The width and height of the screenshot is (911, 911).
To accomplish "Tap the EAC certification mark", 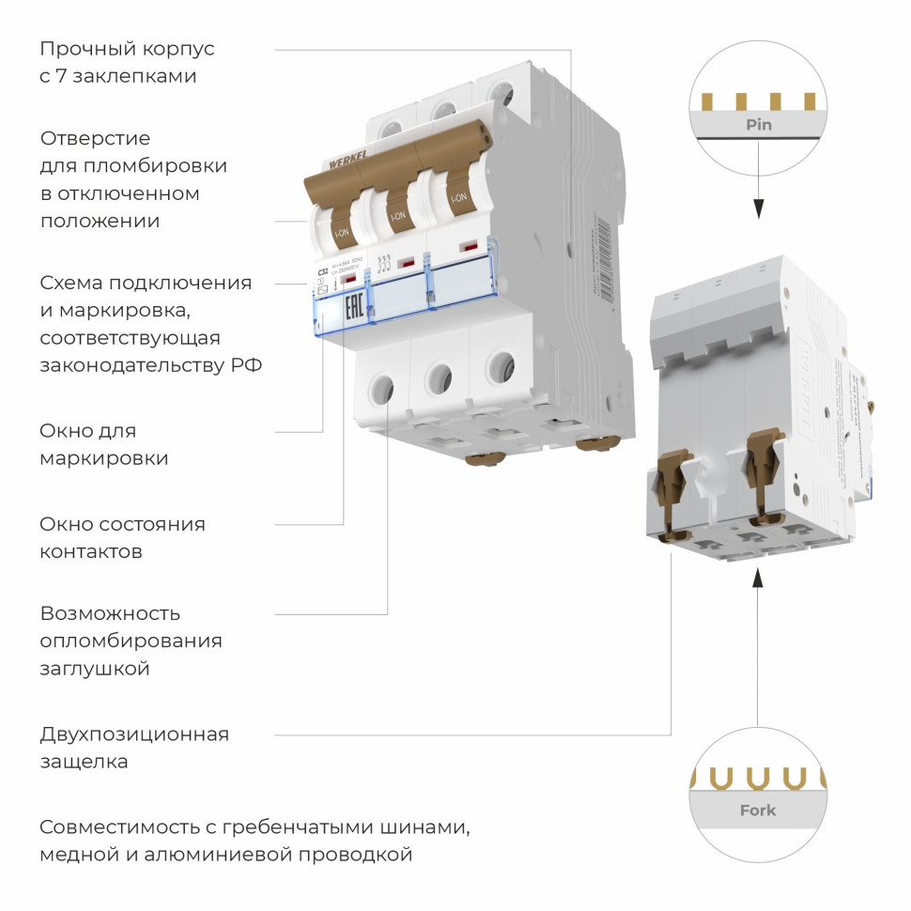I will tap(353, 308).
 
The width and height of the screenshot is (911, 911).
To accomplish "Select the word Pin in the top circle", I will tap(759, 124).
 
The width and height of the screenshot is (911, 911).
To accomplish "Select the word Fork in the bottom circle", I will tap(758, 810).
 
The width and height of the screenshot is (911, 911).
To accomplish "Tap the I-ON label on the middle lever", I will tap(397, 215).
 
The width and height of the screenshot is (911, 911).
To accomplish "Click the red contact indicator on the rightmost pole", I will tap(467, 247).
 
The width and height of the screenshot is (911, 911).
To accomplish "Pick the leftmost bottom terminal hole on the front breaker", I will tap(382, 387).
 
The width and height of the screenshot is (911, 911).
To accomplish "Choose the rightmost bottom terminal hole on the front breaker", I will tap(502, 366).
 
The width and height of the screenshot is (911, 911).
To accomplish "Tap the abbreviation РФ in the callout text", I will tap(246, 365).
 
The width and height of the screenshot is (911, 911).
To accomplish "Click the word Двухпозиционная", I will tap(134, 734).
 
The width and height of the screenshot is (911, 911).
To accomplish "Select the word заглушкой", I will tap(95, 669).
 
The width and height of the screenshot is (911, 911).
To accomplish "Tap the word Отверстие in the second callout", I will tap(95, 138).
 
